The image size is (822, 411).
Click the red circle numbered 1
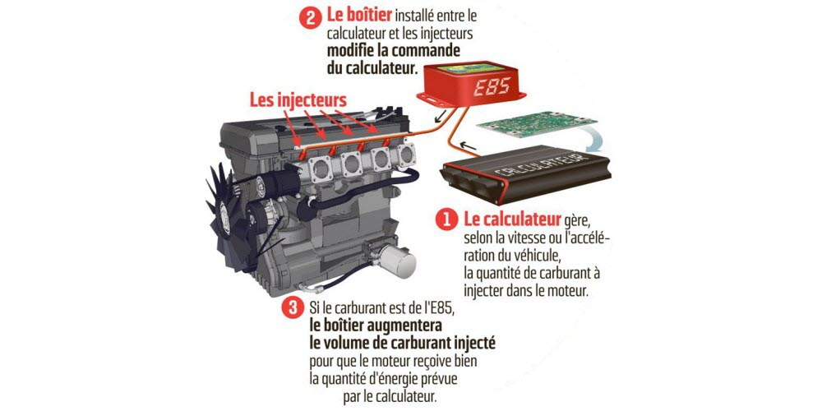point(446,220)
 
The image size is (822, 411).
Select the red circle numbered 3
point(292,308)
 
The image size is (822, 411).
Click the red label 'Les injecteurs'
point(298,99)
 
